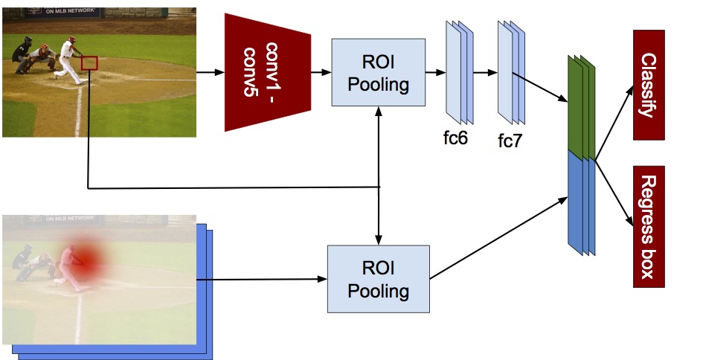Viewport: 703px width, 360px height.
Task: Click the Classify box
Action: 647,86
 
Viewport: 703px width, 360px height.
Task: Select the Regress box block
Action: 647,227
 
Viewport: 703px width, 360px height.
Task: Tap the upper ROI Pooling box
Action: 379,72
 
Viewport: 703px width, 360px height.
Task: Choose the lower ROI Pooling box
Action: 379,278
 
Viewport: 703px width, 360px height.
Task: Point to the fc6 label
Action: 453,138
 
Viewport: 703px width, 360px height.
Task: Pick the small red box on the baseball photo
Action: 89,64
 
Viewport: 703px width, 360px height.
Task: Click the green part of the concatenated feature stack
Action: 579,108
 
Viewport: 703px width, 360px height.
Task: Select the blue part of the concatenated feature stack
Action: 579,201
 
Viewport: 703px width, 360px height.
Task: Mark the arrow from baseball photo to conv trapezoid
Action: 210,72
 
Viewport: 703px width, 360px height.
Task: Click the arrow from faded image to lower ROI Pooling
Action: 260,279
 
